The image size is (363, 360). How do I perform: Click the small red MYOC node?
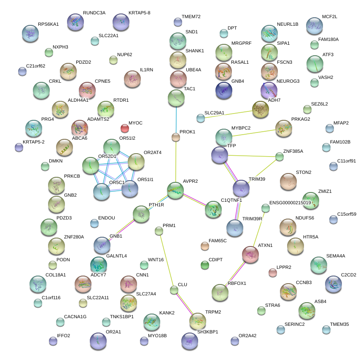125,128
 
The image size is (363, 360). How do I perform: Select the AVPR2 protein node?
175,190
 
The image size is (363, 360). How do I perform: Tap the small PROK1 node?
176,137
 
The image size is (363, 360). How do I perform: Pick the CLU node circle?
174,290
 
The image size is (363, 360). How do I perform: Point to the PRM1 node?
159,230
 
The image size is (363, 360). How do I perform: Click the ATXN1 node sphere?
250,255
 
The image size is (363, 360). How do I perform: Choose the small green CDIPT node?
205,265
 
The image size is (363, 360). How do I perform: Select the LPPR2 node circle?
273,273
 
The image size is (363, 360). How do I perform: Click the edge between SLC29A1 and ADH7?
228,113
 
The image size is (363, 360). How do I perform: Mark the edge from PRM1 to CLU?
166,260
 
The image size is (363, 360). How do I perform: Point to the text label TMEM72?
191,16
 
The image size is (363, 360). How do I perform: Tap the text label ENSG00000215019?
290,203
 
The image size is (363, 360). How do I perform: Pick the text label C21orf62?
35,66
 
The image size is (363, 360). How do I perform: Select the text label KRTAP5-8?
139,13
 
